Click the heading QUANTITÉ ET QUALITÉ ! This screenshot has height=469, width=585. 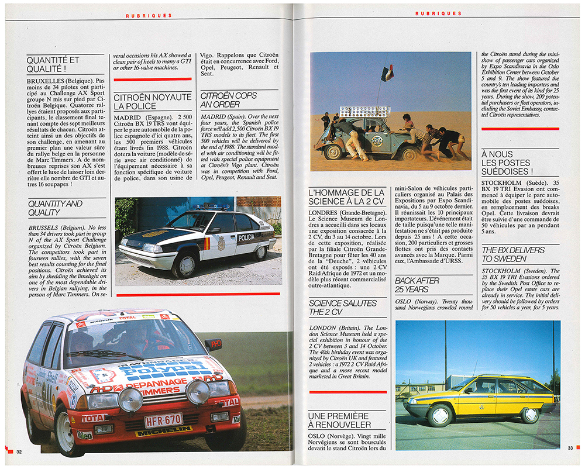[x=53, y=65]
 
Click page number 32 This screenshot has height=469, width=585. [x=19, y=451]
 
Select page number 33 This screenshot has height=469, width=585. [x=570, y=449]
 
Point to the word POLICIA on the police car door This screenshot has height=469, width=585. [x=246, y=237]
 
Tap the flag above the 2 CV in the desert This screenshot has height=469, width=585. [x=387, y=73]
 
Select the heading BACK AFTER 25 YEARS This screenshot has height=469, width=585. [x=417, y=285]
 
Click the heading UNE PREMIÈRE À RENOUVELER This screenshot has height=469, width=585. [x=339, y=419]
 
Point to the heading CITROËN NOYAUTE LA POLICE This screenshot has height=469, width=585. [x=152, y=101]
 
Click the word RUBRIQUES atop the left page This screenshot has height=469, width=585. [x=149, y=16]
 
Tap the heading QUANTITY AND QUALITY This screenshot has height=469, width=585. [x=55, y=208]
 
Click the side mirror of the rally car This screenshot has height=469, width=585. [x=213, y=344]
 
